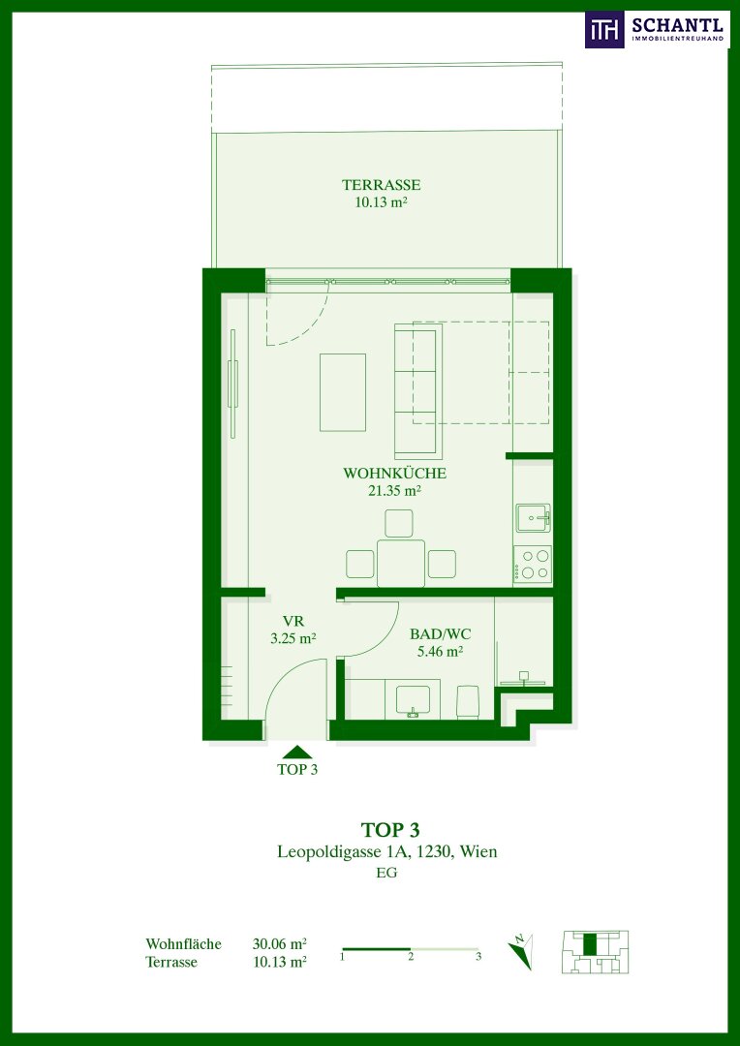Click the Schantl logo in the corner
click(657, 29)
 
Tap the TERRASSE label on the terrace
click(381, 185)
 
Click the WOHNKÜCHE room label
click(393, 474)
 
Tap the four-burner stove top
click(533, 564)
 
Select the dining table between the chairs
click(401, 563)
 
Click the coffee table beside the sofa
click(343, 392)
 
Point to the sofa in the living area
click(417, 390)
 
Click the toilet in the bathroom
click(467, 702)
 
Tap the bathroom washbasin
click(417, 699)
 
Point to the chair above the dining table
click(399, 523)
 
